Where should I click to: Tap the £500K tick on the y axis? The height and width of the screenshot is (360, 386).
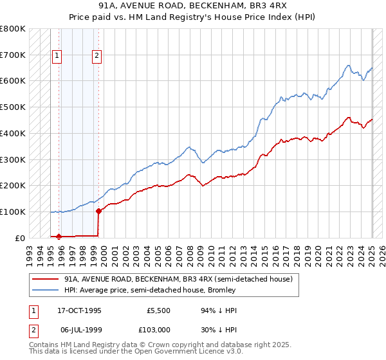(x=13, y=107)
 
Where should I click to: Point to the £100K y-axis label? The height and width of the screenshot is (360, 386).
(x=13, y=212)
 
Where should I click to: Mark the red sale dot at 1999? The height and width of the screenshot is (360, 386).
(x=98, y=210)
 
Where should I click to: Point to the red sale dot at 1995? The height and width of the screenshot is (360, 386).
(x=59, y=236)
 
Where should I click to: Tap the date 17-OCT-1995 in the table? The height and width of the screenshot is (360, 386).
(x=79, y=310)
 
